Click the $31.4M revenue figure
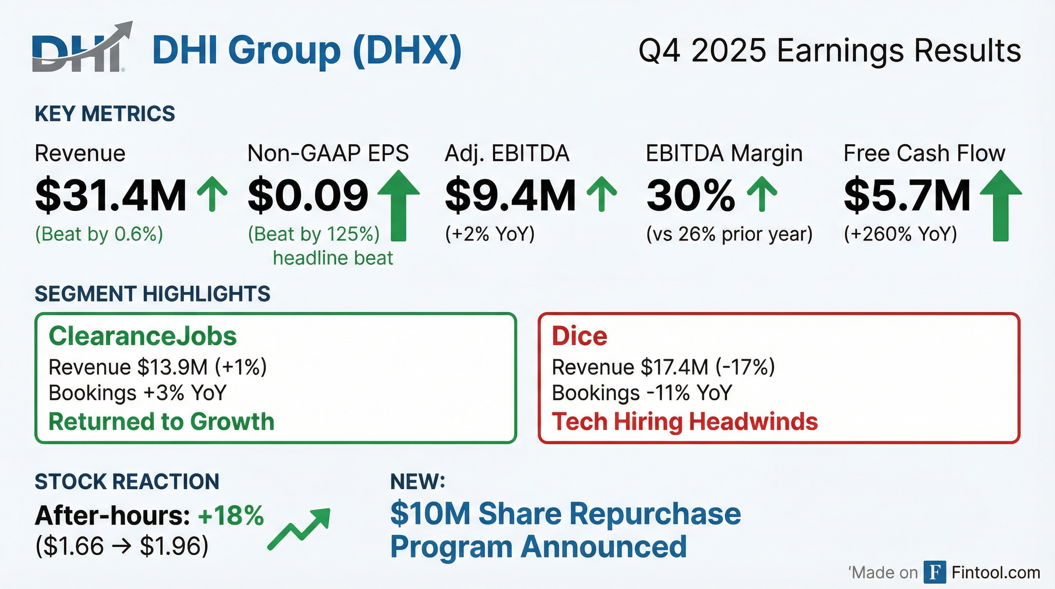(x=110, y=196)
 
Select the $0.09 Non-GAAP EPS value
(x=308, y=196)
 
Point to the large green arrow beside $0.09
(x=398, y=205)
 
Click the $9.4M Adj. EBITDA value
(x=510, y=196)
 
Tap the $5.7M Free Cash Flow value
(x=907, y=196)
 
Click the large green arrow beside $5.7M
(x=1001, y=205)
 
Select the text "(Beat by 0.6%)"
(x=99, y=234)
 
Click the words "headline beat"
(x=333, y=258)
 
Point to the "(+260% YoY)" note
(x=900, y=234)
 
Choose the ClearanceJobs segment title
(x=143, y=336)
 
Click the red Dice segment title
(x=579, y=336)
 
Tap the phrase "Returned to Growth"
(x=161, y=421)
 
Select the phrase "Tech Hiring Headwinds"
(x=685, y=421)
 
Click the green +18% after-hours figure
(x=231, y=515)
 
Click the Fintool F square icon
(x=935, y=572)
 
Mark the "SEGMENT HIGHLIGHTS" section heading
(x=152, y=294)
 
